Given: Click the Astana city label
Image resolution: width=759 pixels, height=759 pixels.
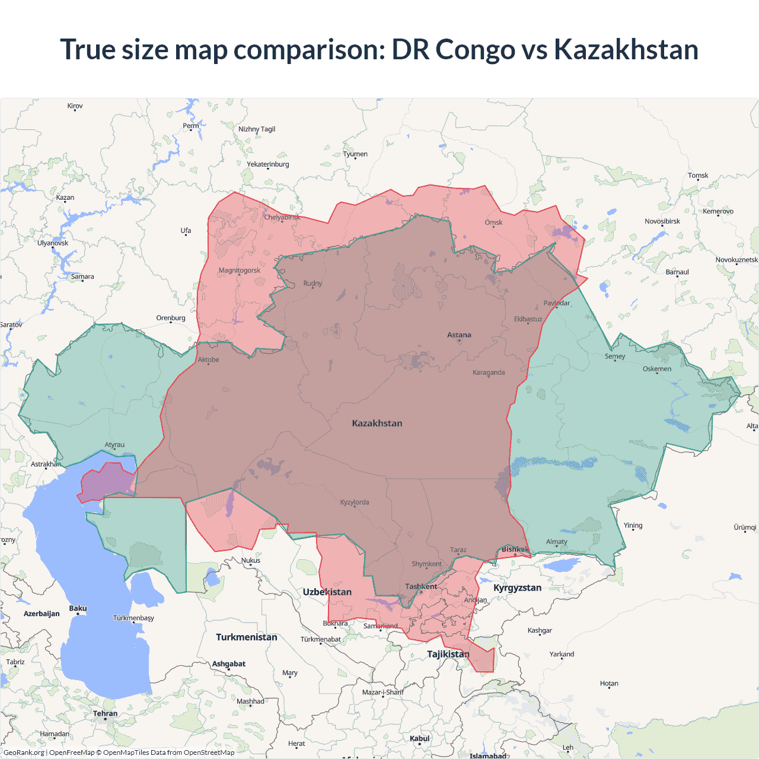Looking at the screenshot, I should [459, 335].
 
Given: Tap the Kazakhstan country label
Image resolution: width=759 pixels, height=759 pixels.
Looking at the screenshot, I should [377, 423].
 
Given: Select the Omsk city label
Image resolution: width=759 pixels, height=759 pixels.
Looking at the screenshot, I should [493, 222].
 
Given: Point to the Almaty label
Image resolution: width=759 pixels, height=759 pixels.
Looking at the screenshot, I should [556, 541].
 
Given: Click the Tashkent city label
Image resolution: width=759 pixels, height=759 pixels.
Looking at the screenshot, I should [421, 586].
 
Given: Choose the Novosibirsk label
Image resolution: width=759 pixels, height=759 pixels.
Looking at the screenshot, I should [662, 221].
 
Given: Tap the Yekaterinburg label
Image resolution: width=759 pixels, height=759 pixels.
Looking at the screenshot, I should [268, 164].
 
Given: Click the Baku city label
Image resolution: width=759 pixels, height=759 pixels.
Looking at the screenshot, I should [78, 608].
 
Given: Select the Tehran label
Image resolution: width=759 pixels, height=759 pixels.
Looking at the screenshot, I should [105, 713].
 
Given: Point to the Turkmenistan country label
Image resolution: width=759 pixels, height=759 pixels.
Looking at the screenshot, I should [247, 637].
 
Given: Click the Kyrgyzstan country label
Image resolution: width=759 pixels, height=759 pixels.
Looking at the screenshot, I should [517, 588].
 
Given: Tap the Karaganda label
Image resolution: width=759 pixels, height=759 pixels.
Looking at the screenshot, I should [489, 372].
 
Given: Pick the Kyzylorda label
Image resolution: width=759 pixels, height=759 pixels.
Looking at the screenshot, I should [355, 502].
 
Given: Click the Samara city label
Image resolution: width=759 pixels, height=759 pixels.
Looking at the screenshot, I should [82, 276].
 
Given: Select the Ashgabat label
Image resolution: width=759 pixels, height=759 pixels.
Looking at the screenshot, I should [229, 664].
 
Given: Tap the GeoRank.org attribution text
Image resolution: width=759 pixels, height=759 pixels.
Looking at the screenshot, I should [24, 752].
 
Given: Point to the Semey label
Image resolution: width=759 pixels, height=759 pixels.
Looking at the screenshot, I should [615, 356].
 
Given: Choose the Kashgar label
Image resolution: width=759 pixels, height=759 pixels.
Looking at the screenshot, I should [540, 630].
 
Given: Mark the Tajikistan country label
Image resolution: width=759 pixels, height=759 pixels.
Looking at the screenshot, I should [448, 654].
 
